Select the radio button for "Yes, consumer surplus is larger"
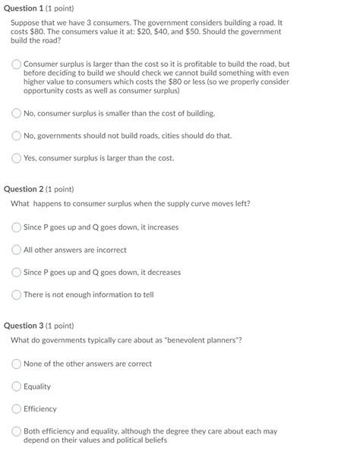tap(17, 159)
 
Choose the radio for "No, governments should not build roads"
tap(17, 136)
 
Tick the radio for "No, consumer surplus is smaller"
tap(17, 113)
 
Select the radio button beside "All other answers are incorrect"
tap(17, 250)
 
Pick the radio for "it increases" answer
tap(17, 227)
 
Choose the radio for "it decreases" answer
tap(17, 273)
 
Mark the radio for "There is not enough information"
tap(17, 295)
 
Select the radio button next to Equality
tap(17, 386)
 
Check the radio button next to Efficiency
tap(17, 409)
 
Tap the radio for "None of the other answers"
tap(17, 364)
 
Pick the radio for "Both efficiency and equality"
tap(17, 432)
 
